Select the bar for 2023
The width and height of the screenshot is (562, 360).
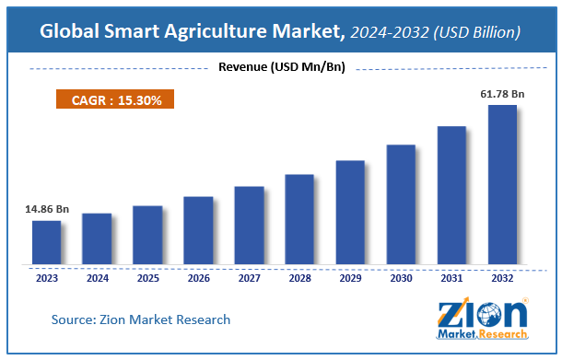(47, 242)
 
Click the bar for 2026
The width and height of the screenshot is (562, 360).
(198, 230)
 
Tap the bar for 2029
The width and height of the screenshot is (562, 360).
(350, 213)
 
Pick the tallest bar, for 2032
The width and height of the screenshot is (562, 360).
(502, 184)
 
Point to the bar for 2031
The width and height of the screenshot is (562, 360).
(451, 195)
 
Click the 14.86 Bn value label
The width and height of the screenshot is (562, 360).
(47, 209)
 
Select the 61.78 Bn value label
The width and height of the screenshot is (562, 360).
(502, 94)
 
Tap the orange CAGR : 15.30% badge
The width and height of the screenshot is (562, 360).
(115, 99)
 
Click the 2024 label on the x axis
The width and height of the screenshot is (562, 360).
(98, 278)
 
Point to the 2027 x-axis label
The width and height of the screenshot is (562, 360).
(250, 278)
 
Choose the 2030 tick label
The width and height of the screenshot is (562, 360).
(401, 278)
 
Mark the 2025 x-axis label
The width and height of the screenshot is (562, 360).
(148, 278)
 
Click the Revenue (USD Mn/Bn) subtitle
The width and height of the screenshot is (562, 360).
(282, 67)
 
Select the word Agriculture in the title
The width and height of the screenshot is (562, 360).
(216, 31)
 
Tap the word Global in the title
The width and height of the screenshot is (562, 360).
(69, 30)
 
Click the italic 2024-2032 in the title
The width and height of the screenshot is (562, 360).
(390, 32)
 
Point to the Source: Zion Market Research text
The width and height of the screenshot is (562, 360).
(141, 319)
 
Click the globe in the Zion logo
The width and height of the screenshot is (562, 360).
(489, 315)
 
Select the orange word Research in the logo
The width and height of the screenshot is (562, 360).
(502, 334)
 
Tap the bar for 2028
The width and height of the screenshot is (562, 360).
(299, 219)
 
